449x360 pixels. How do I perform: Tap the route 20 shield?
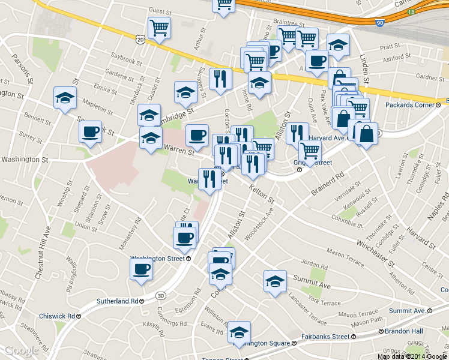[x=140, y=39]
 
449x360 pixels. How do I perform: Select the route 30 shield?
[x=160, y=295]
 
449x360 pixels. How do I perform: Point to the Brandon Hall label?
[x=404, y=331]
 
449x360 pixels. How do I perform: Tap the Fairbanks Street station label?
[x=325, y=337]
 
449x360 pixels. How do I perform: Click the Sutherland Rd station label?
[x=118, y=301]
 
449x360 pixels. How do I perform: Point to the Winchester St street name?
[x=375, y=253]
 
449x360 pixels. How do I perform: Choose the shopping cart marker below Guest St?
[x=159, y=27]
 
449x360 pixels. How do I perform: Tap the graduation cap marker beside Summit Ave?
[x=275, y=280]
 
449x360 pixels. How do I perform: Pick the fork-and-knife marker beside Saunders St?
[x=220, y=78]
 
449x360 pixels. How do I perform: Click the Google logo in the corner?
[x=22, y=350]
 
